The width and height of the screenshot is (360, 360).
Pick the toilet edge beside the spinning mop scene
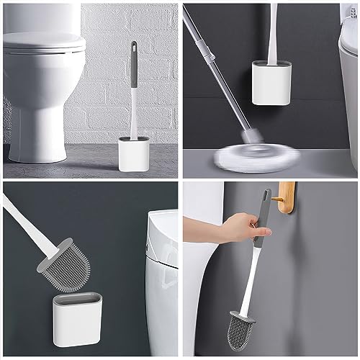tap(350, 65)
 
